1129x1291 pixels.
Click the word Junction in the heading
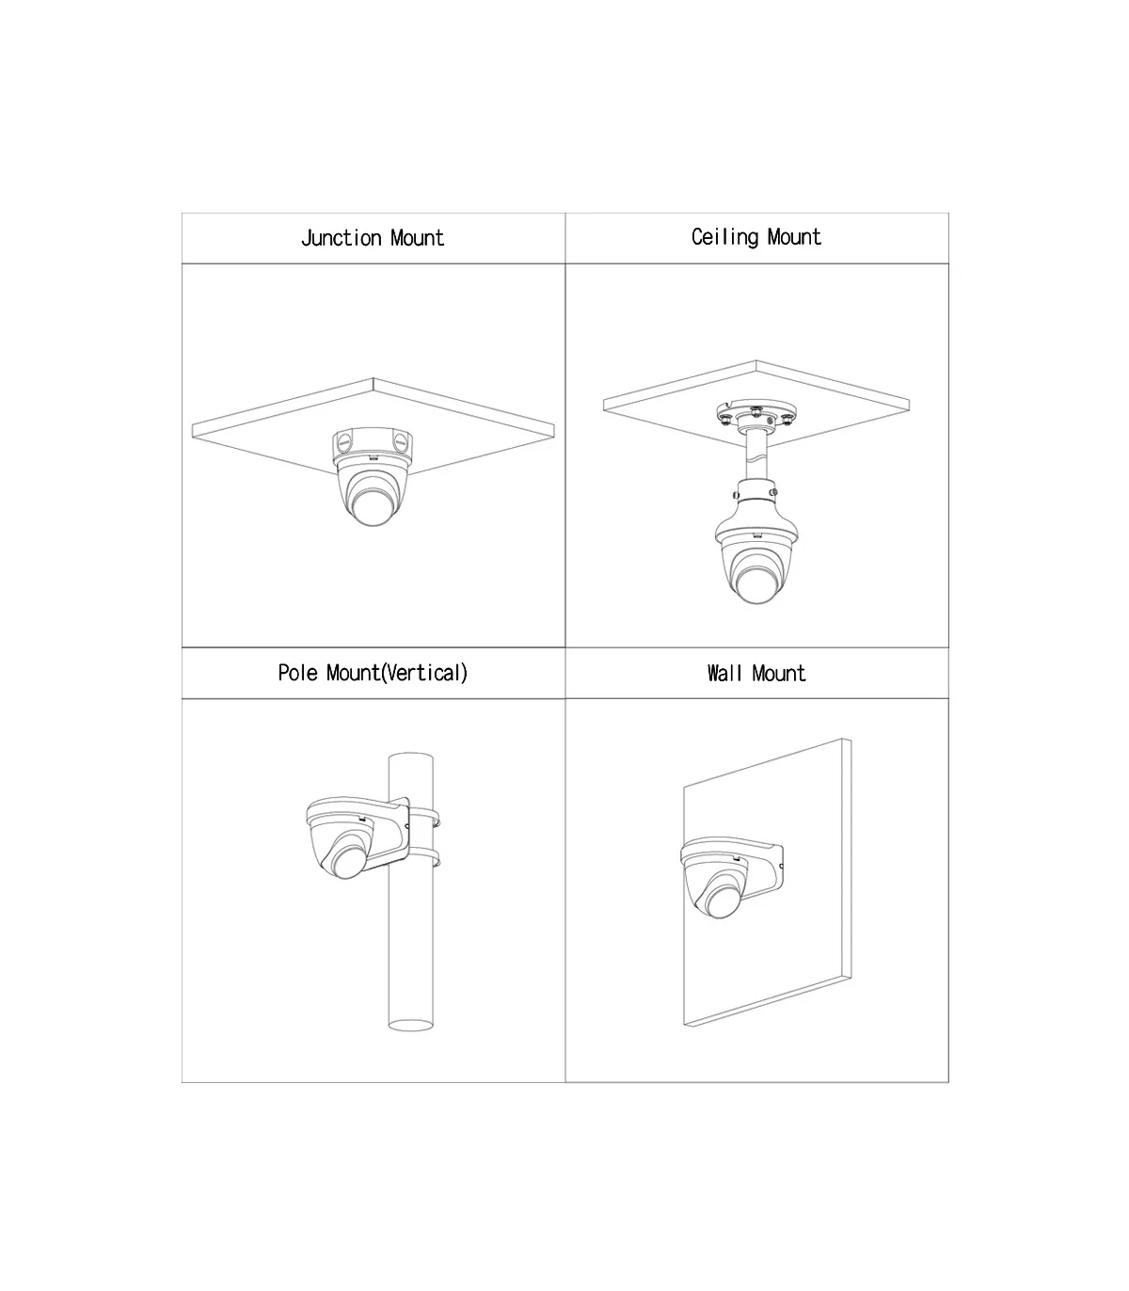pos(342,238)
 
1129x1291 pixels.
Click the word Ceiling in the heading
pos(724,238)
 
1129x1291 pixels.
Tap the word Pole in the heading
pos(297,673)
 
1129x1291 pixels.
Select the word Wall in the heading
pos(724,674)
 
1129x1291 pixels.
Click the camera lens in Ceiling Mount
pos(756,584)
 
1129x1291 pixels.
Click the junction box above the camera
pos(373,448)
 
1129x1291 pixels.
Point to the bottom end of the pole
pos(410,1025)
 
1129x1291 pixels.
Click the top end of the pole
pos(410,757)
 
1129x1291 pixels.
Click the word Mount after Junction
pos(417,238)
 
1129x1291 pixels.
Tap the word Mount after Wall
pos(779,674)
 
